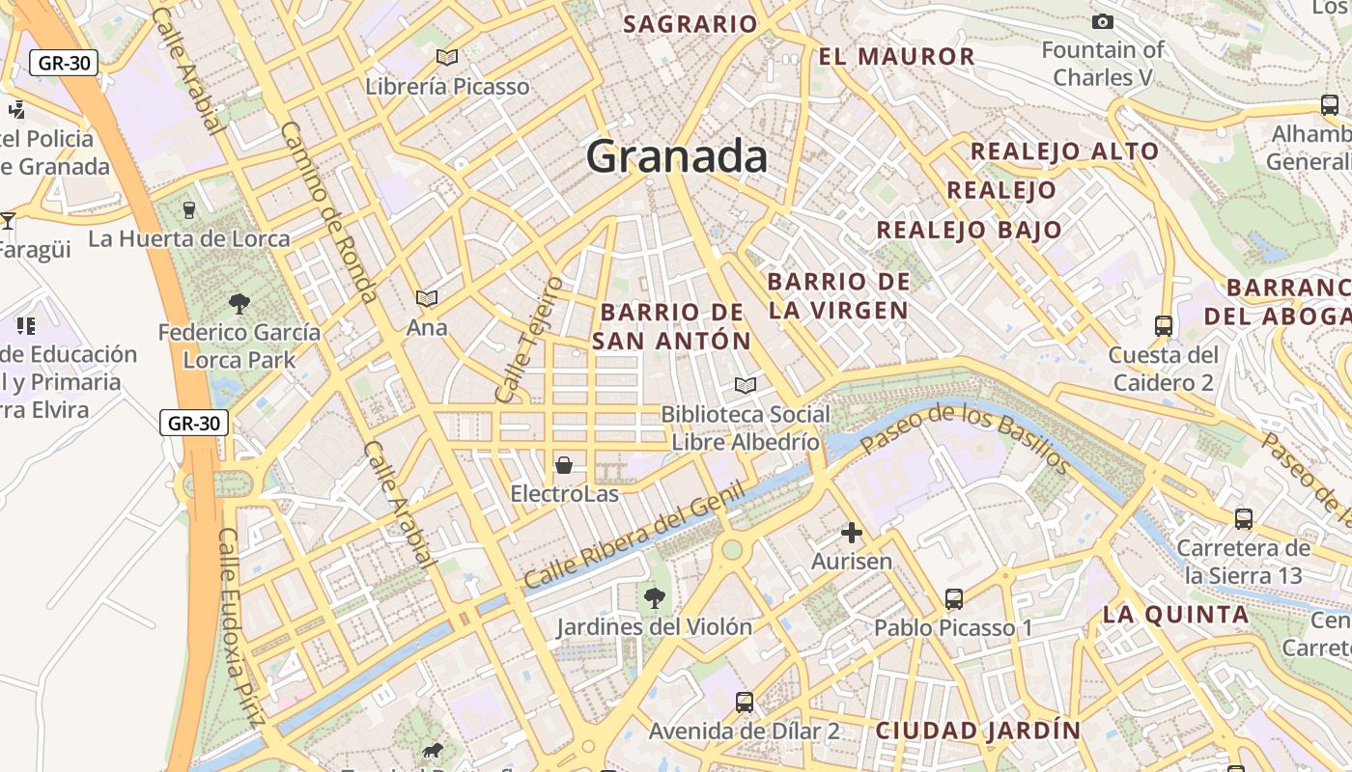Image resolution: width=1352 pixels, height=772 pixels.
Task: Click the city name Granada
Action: click(676, 156)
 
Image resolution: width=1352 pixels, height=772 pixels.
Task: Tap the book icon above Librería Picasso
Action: click(446, 58)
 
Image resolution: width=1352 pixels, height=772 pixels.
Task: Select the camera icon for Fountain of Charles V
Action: click(1102, 21)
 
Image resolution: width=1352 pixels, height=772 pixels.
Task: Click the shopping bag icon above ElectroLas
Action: click(564, 466)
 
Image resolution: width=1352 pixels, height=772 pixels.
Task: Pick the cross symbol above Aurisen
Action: click(851, 532)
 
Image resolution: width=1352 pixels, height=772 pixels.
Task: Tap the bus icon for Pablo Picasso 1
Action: click(954, 599)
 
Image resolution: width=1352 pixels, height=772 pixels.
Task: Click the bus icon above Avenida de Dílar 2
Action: click(744, 703)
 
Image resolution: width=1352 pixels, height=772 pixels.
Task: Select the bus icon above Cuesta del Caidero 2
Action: click(1163, 326)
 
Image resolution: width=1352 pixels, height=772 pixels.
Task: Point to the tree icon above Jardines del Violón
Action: click(654, 598)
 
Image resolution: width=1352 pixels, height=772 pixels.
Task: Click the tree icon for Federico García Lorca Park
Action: click(239, 304)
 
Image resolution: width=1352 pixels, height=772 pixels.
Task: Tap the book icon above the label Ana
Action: click(426, 299)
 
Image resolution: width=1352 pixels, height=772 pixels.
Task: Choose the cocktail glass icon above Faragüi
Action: click(8, 221)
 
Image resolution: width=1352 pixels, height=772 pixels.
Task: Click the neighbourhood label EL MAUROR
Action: click(896, 57)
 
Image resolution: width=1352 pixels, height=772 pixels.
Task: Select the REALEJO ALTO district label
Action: click(1064, 152)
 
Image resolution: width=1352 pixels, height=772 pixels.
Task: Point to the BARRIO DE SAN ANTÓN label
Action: click(671, 326)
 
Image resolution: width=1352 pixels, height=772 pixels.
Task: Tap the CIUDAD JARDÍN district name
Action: click(977, 731)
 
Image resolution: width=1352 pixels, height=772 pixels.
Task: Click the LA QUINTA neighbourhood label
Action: click(1175, 615)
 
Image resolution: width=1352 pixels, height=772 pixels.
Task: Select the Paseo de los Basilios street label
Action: click(965, 440)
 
